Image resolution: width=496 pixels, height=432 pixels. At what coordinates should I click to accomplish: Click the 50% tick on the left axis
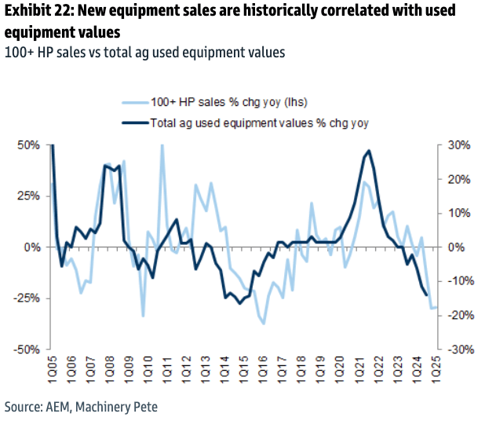(28, 145)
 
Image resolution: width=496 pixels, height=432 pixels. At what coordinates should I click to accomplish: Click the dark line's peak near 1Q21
(368, 151)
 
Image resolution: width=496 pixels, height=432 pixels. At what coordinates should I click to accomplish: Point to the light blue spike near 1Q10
(162, 146)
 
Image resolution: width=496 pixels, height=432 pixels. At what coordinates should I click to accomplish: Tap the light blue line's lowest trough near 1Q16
(264, 323)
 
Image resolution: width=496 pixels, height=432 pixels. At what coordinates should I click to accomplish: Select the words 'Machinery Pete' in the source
(127, 407)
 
